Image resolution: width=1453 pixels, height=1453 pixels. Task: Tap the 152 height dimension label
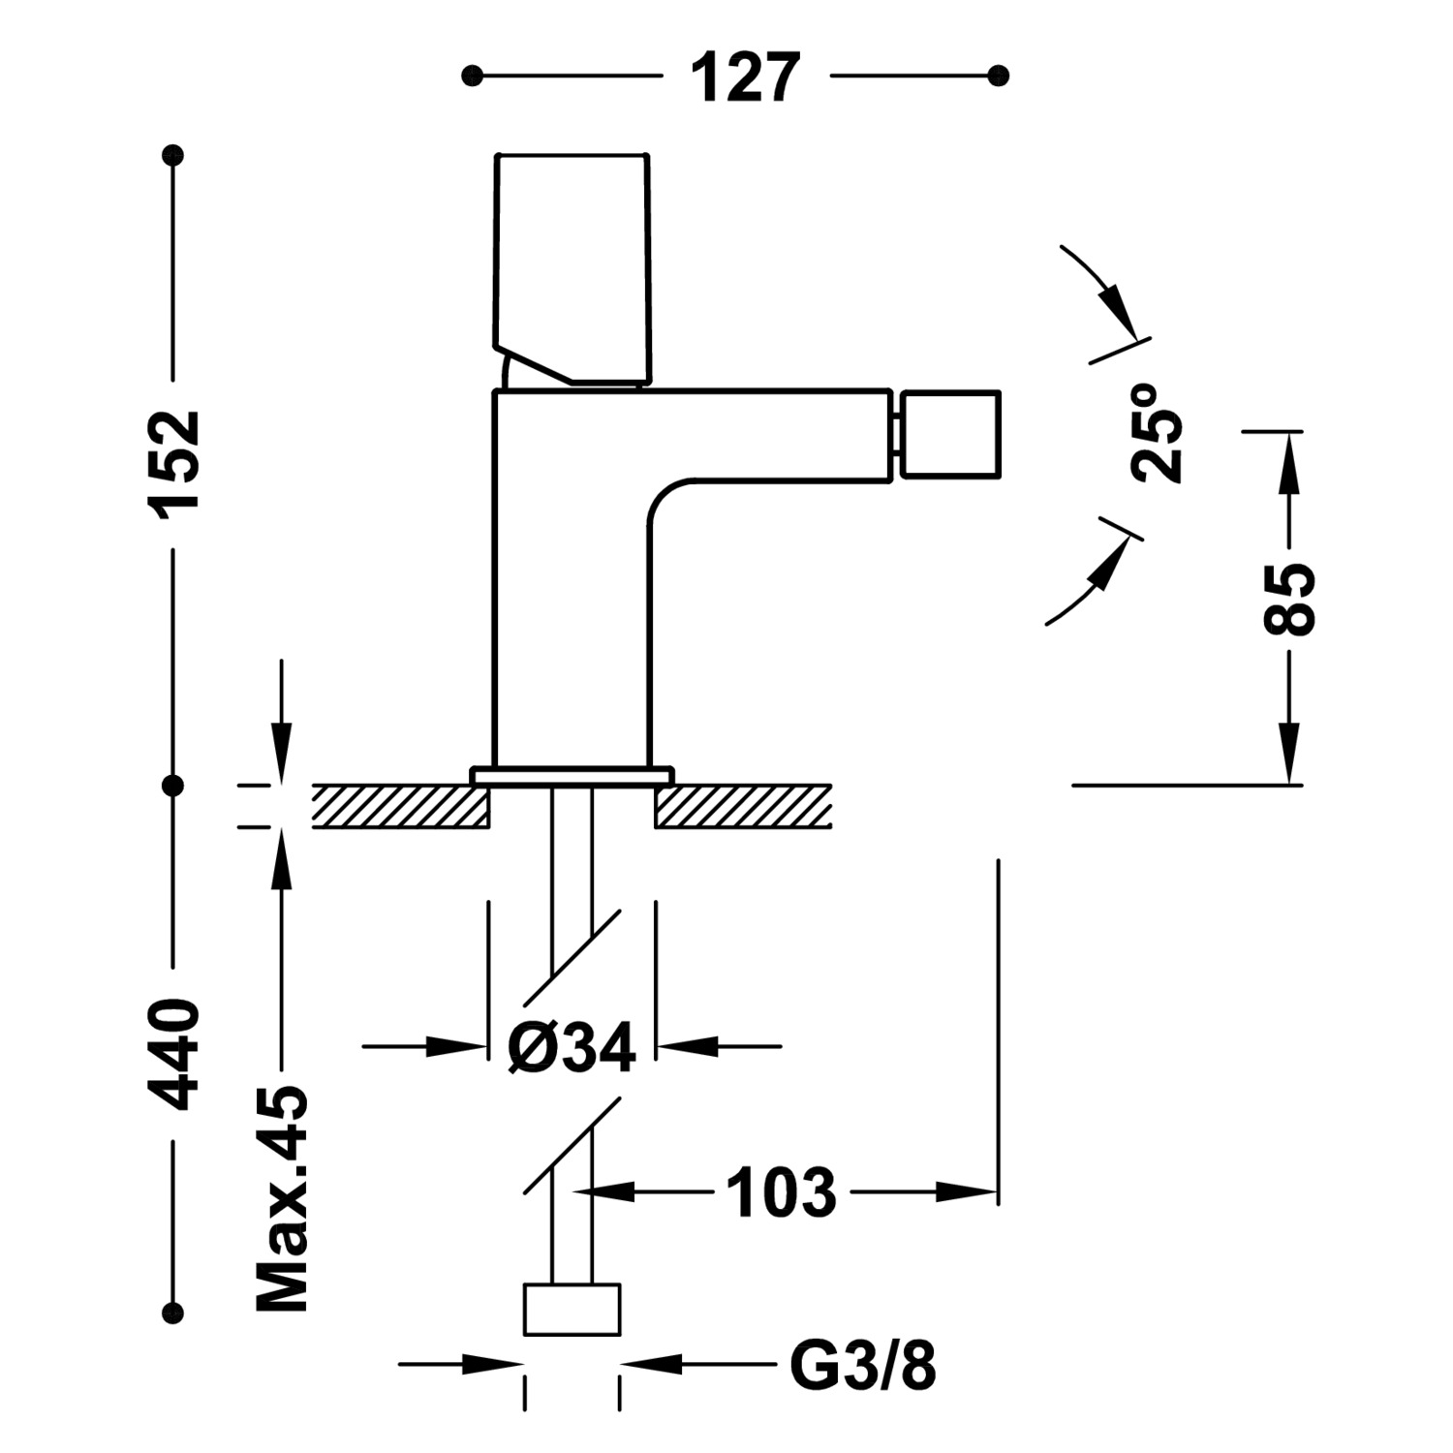[x=174, y=460]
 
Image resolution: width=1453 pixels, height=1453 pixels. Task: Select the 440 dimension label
[x=174, y=1054]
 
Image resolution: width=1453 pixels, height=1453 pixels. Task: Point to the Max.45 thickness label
[x=282, y=1199]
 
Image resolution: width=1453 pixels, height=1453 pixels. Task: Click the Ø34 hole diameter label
[x=572, y=1047]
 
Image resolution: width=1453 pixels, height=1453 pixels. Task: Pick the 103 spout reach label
[x=781, y=1192]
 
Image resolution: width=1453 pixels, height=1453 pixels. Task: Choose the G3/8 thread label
[x=863, y=1366]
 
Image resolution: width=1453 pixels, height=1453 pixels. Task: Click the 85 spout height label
[x=1289, y=599]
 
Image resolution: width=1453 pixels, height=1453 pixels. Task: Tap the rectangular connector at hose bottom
[x=572, y=1310]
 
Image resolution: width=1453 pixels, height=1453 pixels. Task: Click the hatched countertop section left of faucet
[x=399, y=806]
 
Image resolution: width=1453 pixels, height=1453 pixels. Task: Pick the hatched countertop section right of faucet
[x=744, y=806]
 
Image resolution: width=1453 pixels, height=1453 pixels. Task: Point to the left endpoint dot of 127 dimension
[x=472, y=75]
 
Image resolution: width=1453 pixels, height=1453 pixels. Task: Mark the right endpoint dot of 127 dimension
[x=1001, y=75]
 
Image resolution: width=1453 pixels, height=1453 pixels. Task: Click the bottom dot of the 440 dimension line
[x=174, y=1313]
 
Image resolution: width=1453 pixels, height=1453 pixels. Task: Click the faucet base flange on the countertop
[x=572, y=774]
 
